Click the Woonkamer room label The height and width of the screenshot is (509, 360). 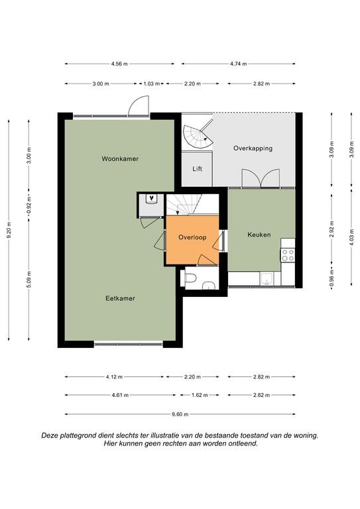click(x=120, y=159)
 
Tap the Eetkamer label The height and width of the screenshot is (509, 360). click(x=120, y=298)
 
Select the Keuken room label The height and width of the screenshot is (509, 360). click(x=259, y=235)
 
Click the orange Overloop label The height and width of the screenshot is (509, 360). click(x=192, y=237)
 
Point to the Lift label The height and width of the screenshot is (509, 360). click(x=197, y=169)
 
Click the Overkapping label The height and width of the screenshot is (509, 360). click(x=253, y=148)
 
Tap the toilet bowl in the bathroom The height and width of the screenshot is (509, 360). click(x=190, y=278)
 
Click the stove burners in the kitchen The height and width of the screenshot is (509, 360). click(x=288, y=254)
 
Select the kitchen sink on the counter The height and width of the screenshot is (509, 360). click(x=267, y=278)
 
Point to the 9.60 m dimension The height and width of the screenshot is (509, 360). click(x=180, y=414)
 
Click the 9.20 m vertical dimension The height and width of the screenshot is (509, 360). click(x=9, y=229)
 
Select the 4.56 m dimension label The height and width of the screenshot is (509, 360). click(x=119, y=64)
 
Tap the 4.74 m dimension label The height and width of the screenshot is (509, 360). click(x=239, y=64)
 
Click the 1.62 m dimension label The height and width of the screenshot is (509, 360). click(x=200, y=395)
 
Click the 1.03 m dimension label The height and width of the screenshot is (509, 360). click(x=152, y=84)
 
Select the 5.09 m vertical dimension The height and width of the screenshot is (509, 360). click(x=29, y=279)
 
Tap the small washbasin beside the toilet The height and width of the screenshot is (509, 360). click(x=209, y=285)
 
